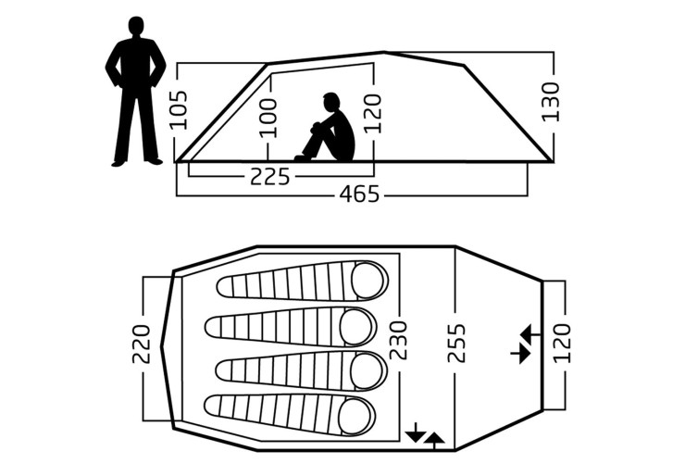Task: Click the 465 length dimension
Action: pos(359,194)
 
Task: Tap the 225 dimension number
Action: pos(270,177)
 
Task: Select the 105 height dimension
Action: pos(179,110)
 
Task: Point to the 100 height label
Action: pos(268,118)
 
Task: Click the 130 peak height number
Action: pos(551,102)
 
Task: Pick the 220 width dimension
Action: pos(141,344)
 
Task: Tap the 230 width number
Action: pos(398,341)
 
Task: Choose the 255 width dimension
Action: pos(457,344)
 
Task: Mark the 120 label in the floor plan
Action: pos(562,344)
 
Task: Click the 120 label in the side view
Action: pos(373,113)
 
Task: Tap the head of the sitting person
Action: pos(331,102)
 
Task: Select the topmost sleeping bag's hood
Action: pos(368,281)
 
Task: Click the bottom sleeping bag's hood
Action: pos(356,416)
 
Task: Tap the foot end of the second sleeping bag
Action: pos(214,327)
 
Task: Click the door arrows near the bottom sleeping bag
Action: pos(425,436)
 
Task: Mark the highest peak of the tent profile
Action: pos(384,52)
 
